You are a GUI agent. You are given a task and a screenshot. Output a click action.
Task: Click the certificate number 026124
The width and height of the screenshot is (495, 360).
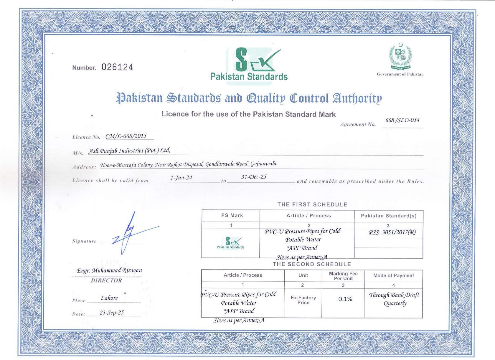tap(117, 67)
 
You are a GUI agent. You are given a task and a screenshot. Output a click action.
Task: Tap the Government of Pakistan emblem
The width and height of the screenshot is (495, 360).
tap(400, 57)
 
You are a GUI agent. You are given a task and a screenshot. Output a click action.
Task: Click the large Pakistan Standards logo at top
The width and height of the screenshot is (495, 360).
tap(249, 65)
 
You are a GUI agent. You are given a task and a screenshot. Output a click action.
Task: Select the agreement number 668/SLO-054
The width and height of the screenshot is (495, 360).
tap(402, 120)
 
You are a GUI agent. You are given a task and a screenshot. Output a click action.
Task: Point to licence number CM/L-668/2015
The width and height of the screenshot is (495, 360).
tap(126, 136)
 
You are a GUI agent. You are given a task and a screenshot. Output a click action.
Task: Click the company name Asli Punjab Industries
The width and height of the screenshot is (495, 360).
tap(130, 151)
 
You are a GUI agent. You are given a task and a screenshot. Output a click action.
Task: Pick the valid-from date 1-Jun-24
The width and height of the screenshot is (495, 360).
tap(181, 178)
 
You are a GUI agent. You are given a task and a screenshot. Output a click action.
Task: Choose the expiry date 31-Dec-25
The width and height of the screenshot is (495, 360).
tap(254, 177)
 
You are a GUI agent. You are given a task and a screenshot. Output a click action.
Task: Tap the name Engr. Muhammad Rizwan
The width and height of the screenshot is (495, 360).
tap(109, 270)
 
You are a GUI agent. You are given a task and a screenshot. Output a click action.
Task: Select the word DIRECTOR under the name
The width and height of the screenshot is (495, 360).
tap(106, 280)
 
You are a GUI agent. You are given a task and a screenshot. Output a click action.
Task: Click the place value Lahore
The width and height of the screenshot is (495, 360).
tap(109, 298)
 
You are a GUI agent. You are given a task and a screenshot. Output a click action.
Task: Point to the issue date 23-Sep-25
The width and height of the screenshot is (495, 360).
tap(112, 313)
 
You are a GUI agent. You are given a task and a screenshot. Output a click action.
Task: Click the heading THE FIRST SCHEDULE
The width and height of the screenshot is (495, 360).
tap(312, 204)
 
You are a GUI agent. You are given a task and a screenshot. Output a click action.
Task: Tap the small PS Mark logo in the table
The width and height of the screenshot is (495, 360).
tap(231, 243)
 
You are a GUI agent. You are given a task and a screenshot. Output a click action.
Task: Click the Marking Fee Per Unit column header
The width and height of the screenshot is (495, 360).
tap(343, 276)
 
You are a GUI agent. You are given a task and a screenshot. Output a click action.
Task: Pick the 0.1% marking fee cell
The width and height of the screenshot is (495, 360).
tap(345, 299)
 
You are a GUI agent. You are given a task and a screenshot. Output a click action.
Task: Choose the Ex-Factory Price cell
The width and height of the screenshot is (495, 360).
tap(303, 300)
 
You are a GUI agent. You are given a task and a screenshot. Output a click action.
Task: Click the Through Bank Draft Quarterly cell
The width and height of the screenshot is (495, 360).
tap(394, 299)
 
